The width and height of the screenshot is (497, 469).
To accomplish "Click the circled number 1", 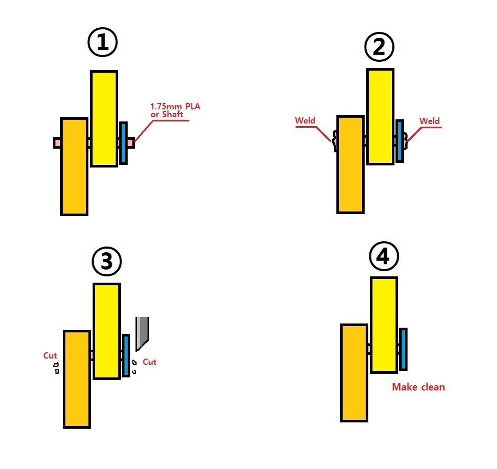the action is (103, 42).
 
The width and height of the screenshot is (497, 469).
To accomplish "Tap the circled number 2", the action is (379, 47).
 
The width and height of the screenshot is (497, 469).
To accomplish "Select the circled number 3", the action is (107, 262).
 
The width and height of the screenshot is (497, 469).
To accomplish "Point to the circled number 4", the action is (384, 256).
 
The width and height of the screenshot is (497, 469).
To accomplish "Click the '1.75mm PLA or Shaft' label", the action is (175, 110).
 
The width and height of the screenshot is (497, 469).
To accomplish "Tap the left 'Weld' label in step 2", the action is (305, 120).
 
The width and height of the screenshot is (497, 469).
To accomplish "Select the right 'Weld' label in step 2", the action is (430, 121).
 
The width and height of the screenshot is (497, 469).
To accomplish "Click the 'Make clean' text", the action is (419, 387).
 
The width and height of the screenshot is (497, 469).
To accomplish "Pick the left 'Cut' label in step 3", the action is (50, 355).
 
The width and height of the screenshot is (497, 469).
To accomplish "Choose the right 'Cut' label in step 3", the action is (150, 362).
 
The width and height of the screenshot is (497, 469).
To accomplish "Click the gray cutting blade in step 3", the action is (142, 333).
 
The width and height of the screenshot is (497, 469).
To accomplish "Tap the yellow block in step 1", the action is (104, 119).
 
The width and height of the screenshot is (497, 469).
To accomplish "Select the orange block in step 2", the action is (350, 164).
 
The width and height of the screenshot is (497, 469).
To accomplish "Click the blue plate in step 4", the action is (403, 349).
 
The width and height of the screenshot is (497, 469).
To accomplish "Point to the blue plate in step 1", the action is (123, 143).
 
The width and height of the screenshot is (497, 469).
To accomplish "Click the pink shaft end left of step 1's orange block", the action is (57, 143).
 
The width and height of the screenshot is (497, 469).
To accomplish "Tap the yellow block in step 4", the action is (384, 325).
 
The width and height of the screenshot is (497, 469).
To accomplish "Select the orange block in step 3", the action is (77, 379).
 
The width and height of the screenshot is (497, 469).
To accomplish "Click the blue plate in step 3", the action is (126, 355).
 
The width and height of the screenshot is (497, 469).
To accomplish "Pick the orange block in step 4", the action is (354, 373).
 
